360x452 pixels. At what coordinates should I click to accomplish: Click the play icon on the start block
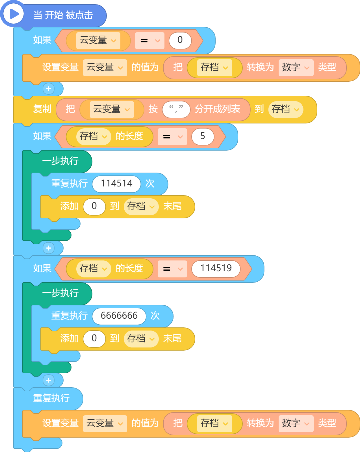(x=14, y=14)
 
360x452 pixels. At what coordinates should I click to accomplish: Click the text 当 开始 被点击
(x=63, y=15)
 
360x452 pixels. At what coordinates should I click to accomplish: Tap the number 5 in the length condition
(x=203, y=136)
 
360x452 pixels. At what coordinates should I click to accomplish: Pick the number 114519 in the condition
(x=216, y=268)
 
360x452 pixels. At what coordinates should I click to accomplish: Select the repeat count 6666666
(x=119, y=316)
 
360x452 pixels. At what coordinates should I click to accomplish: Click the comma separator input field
(x=176, y=109)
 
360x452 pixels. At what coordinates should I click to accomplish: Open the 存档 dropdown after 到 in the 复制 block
(x=286, y=109)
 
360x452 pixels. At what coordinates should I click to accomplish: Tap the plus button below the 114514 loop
(x=49, y=248)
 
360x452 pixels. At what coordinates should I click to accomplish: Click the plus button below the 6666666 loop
(x=49, y=380)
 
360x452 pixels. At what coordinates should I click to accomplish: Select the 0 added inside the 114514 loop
(x=94, y=207)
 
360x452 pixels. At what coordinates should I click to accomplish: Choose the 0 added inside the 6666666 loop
(x=94, y=339)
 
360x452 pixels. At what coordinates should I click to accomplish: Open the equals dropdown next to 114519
(x=172, y=269)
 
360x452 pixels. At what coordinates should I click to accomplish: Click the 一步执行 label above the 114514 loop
(x=60, y=161)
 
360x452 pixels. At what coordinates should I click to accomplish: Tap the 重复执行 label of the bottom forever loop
(x=51, y=398)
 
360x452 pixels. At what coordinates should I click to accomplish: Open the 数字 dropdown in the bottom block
(x=296, y=423)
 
